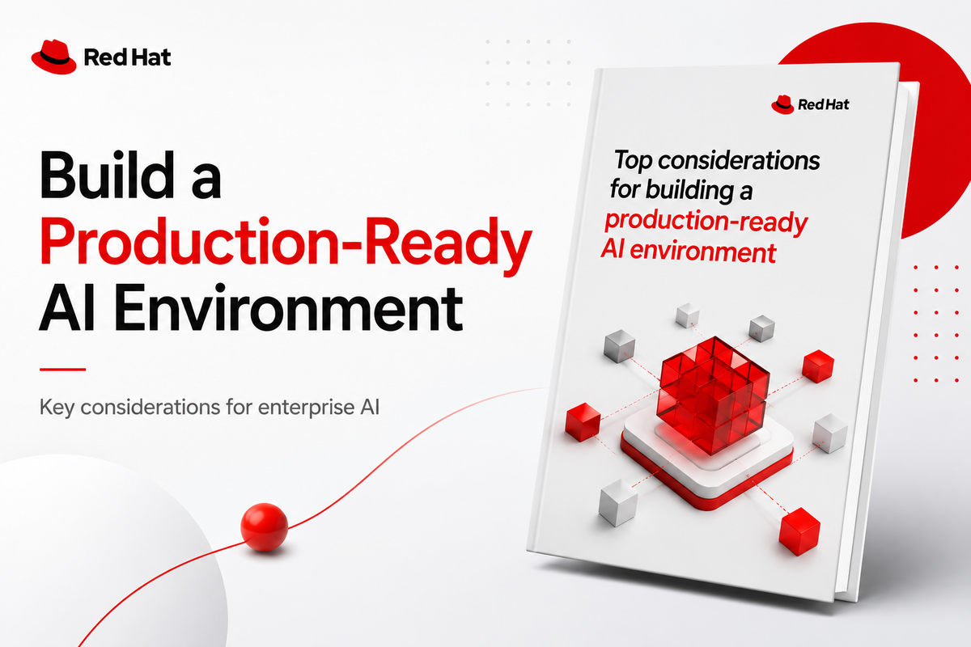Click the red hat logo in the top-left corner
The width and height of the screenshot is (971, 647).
click(53, 57)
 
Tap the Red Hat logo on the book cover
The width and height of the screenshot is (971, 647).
click(810, 104)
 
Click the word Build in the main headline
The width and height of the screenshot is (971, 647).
click(107, 175)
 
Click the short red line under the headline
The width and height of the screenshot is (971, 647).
click(62, 370)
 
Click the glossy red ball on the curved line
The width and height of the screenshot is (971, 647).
click(264, 526)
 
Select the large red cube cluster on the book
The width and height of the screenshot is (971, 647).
click(713, 395)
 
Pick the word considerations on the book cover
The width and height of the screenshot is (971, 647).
click(739, 161)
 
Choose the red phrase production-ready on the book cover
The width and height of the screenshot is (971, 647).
click(706, 222)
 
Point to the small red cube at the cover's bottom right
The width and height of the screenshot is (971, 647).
click(799, 531)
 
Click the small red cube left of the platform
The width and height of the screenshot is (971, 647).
click(583, 421)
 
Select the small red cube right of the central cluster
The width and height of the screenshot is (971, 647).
click(818, 366)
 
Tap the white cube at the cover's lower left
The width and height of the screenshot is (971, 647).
click(617, 503)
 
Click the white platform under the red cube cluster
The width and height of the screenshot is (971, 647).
click(707, 463)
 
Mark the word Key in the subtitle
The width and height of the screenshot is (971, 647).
click(57, 408)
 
